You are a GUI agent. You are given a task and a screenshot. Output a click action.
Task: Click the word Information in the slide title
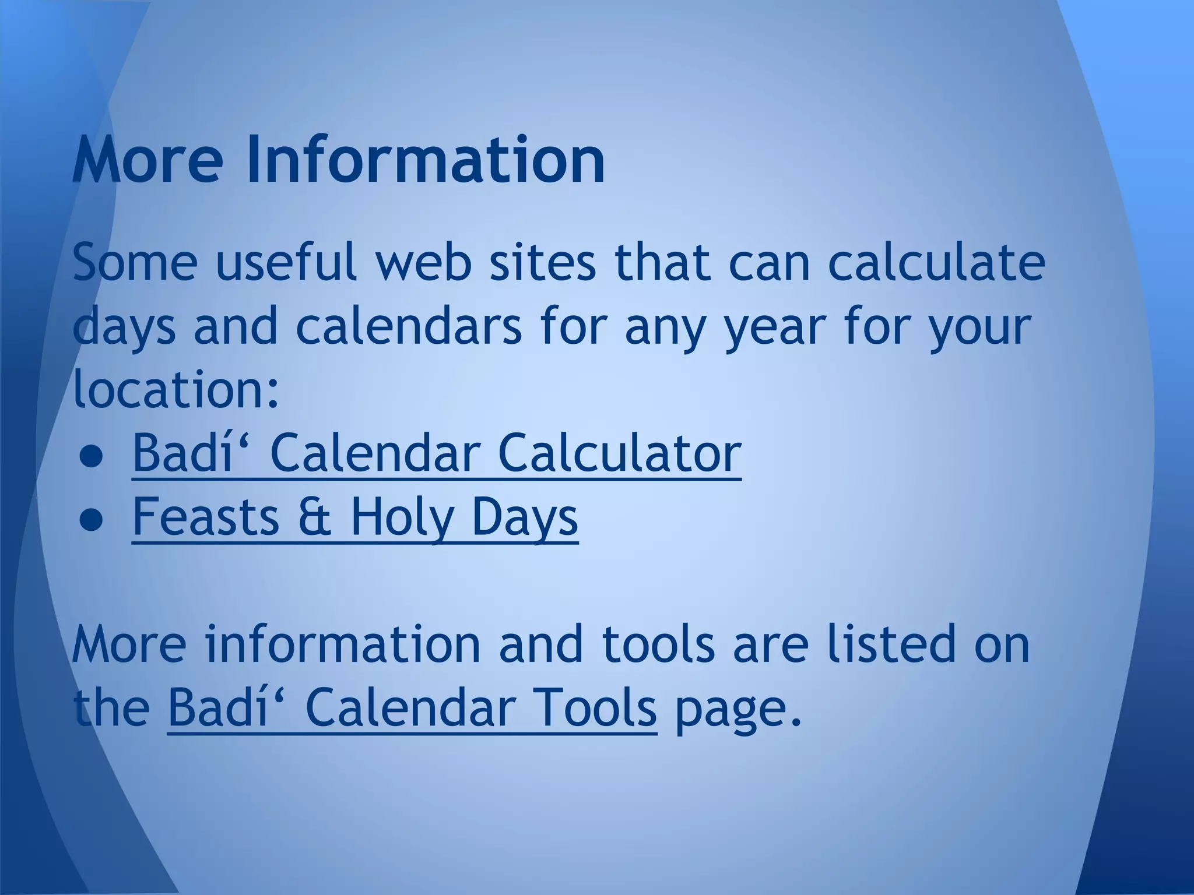[x=426, y=158]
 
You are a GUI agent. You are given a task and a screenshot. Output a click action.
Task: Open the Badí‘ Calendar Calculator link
[x=436, y=453]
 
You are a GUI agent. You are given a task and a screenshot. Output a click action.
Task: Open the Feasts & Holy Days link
[x=354, y=517]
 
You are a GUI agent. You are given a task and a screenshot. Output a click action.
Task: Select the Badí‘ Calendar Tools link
[x=412, y=709]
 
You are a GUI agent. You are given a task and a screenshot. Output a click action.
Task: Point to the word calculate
[x=936, y=262]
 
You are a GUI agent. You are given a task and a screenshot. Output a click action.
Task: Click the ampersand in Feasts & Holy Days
[x=314, y=517]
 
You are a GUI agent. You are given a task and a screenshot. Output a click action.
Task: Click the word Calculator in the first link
[x=619, y=453]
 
